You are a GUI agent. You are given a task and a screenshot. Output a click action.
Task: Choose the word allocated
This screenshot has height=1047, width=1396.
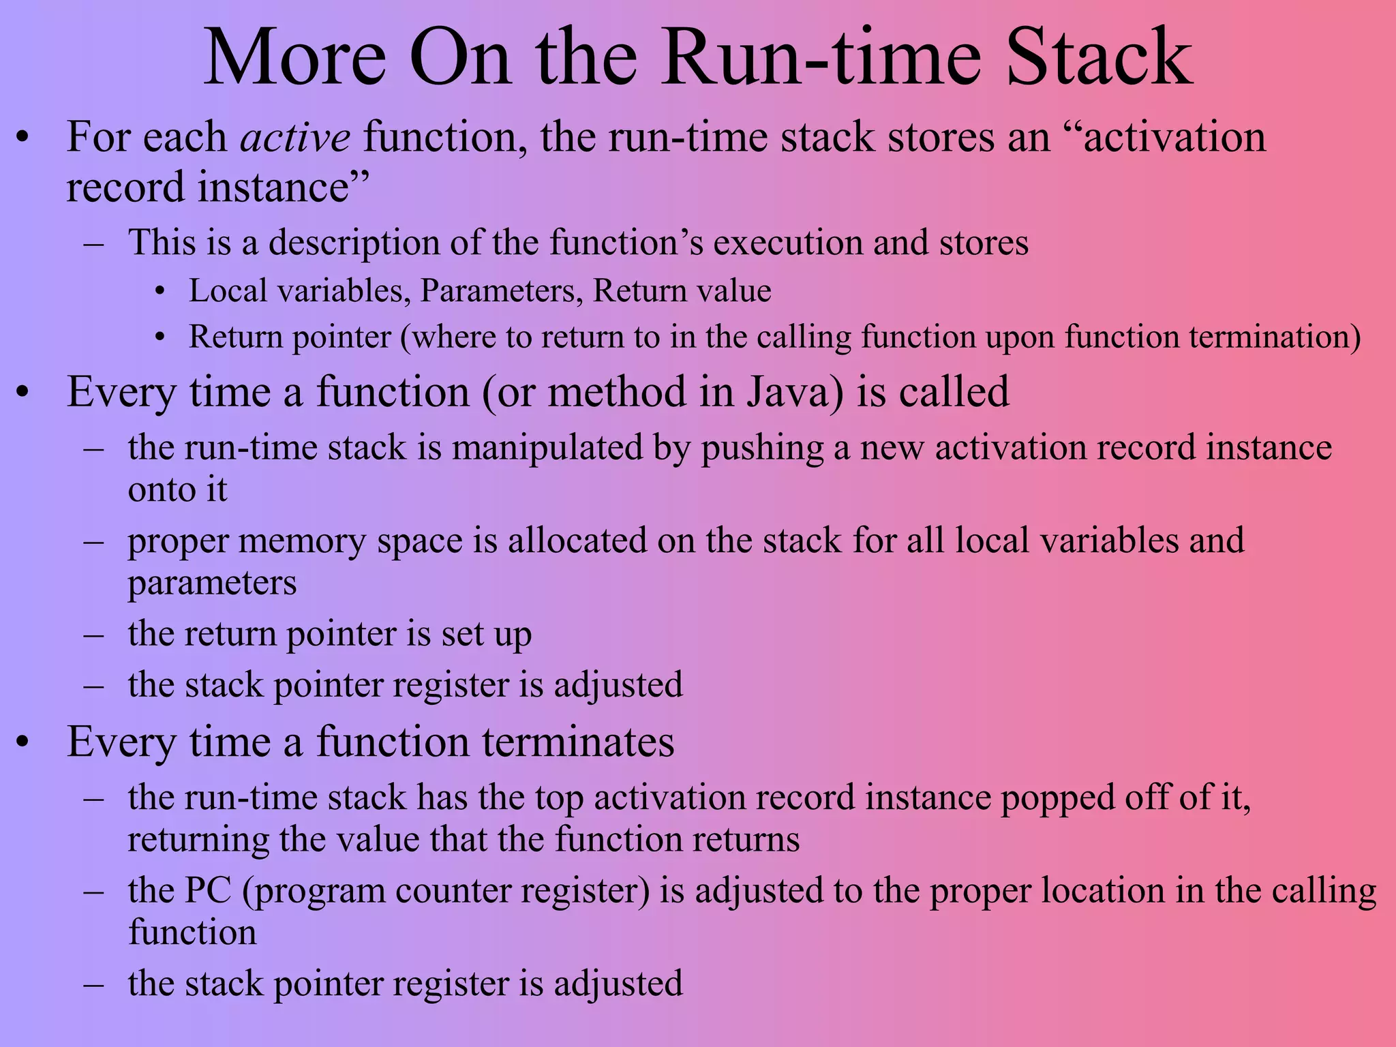coord(578,541)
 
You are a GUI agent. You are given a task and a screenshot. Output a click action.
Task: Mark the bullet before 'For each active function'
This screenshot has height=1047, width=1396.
coord(24,138)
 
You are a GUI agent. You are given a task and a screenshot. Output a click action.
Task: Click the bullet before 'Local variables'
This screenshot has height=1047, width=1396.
coord(160,292)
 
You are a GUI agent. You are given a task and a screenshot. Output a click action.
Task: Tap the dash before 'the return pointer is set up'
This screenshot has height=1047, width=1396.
coord(93,635)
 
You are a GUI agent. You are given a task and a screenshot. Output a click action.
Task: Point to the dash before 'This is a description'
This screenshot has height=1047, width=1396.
coord(93,243)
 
